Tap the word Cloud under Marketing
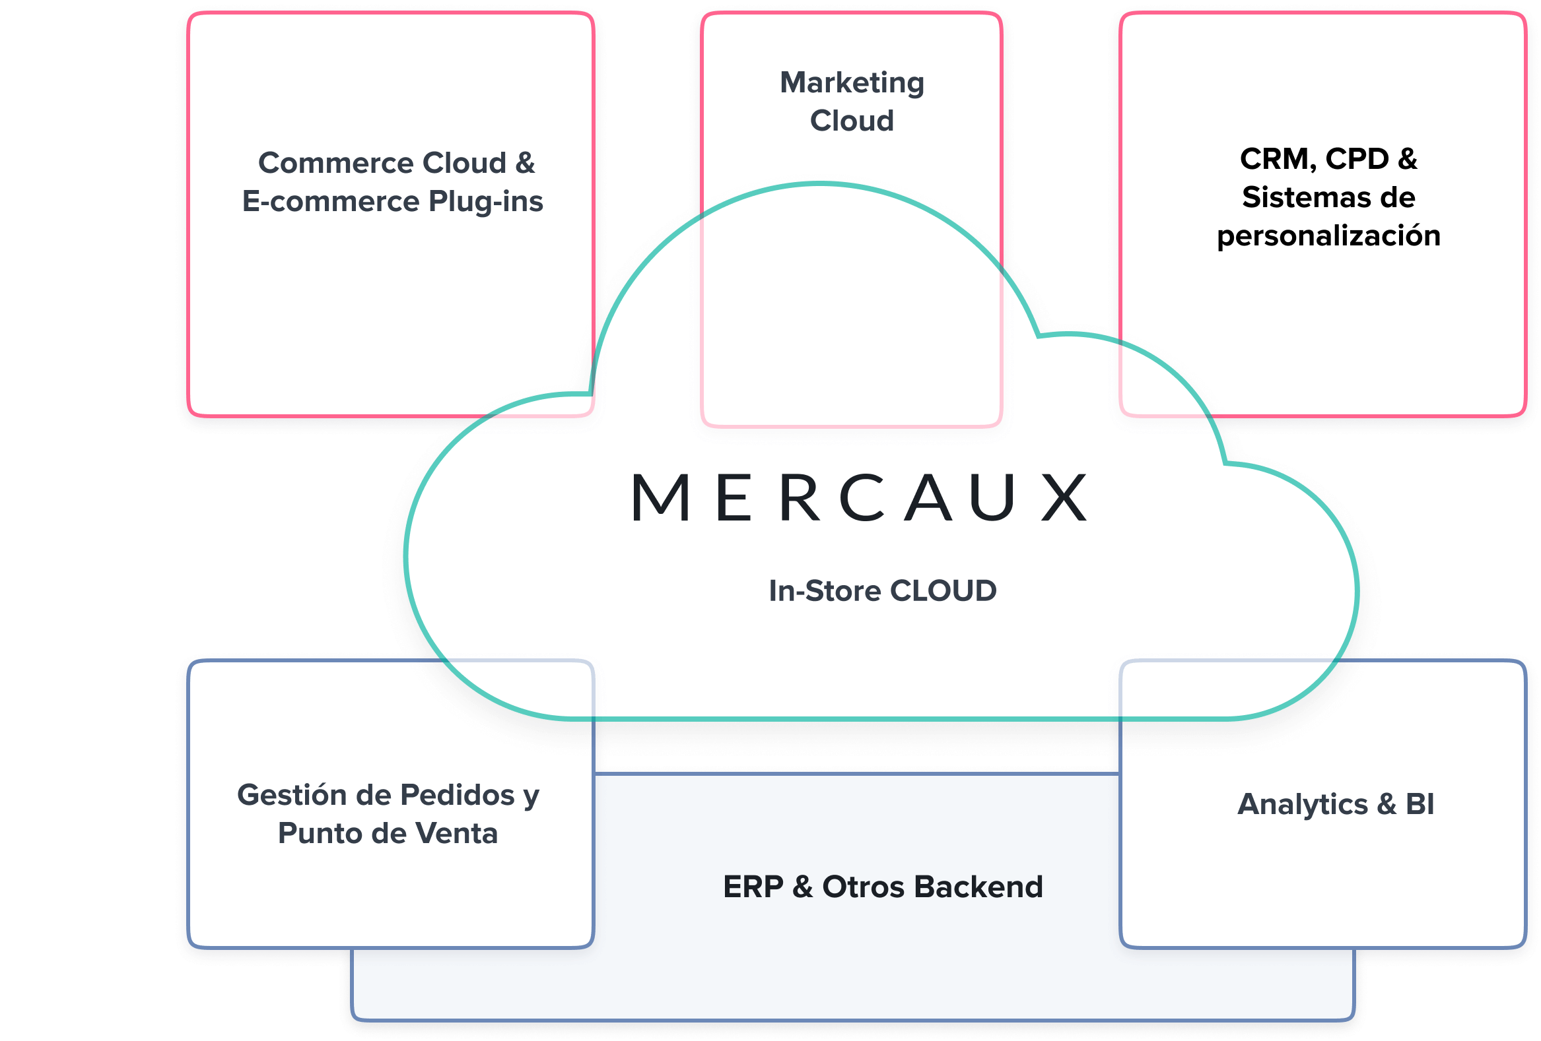point(852,121)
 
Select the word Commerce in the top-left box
point(335,162)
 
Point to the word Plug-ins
point(485,202)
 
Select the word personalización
point(1329,237)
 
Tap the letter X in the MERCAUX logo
point(1064,497)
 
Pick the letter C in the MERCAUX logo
point(862,497)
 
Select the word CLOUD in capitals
point(943,591)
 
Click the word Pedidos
point(458,794)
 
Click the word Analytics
point(1303,805)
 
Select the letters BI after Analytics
point(1420,804)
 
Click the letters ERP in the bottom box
point(753,887)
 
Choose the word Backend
point(978,887)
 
